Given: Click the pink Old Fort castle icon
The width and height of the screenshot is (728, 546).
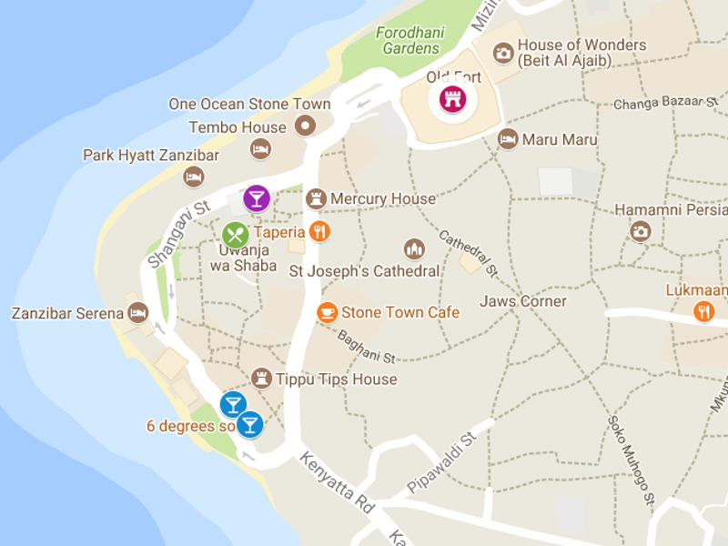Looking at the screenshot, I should tap(450, 98).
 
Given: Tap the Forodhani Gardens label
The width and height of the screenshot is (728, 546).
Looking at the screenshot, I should tap(410, 41).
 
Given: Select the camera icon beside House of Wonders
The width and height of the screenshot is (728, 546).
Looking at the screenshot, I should tap(502, 53).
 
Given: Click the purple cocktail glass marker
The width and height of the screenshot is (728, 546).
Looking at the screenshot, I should tap(257, 197).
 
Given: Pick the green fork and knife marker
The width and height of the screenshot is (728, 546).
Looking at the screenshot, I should tap(235, 235).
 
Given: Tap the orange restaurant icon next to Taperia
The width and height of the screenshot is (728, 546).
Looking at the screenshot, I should tap(318, 231).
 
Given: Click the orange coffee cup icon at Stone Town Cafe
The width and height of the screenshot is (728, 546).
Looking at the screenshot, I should tap(327, 312).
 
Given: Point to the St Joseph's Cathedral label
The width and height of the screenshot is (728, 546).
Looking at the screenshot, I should tap(364, 270).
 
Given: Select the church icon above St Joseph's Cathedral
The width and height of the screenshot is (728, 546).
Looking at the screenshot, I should tap(414, 248).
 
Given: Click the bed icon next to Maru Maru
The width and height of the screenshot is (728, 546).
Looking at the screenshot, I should tap(508, 139).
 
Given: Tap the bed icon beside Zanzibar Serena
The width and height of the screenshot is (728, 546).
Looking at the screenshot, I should tap(137, 313).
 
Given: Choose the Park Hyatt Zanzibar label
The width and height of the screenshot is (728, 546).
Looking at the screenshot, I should tap(151, 156).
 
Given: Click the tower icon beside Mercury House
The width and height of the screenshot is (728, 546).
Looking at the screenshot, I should tap(316, 198).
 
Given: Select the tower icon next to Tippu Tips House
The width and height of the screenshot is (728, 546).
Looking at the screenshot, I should tap(262, 379).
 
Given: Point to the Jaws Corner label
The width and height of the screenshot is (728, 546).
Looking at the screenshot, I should tap(523, 301).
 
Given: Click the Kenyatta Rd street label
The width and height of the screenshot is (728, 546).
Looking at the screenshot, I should tap(338, 492).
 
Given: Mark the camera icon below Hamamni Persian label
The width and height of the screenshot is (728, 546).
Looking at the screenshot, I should tap(641, 231).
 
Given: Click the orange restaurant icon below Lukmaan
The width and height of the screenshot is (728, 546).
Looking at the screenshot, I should tap(703, 312).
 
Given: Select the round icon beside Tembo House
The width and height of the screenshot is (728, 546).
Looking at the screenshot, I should tap(307, 126).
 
